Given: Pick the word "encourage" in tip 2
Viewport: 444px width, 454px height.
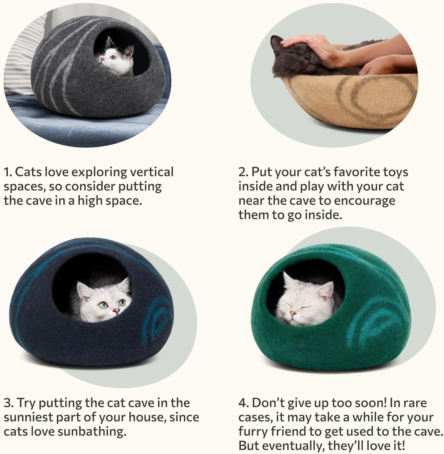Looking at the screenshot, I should [x=365, y=201].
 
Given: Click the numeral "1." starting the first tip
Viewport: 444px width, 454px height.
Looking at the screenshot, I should [x=8, y=172].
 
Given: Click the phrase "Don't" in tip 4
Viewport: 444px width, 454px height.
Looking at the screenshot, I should [x=267, y=403].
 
